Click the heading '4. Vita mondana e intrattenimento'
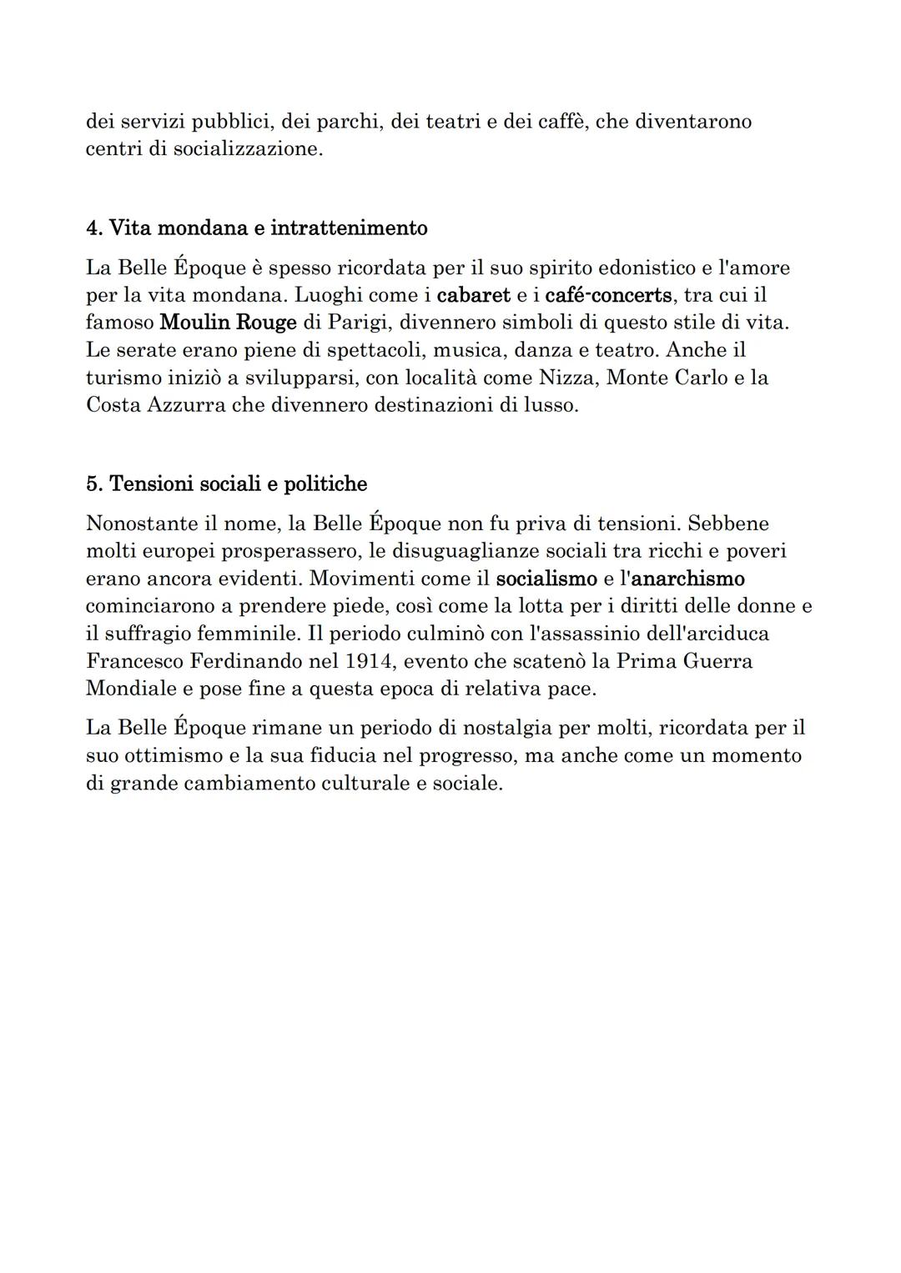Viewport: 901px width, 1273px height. [x=256, y=228]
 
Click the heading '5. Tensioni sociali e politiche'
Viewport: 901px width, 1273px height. [x=226, y=484]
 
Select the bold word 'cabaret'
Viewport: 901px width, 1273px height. [x=473, y=295]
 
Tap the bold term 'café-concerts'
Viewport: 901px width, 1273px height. [x=607, y=295]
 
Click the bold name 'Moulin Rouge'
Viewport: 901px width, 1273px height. [x=228, y=323]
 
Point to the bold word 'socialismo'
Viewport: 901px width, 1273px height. [x=546, y=579]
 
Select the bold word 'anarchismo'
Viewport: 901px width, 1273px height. [x=687, y=579]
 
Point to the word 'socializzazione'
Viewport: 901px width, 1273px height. [x=247, y=150]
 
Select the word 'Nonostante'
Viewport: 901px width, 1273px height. [x=139, y=524]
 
